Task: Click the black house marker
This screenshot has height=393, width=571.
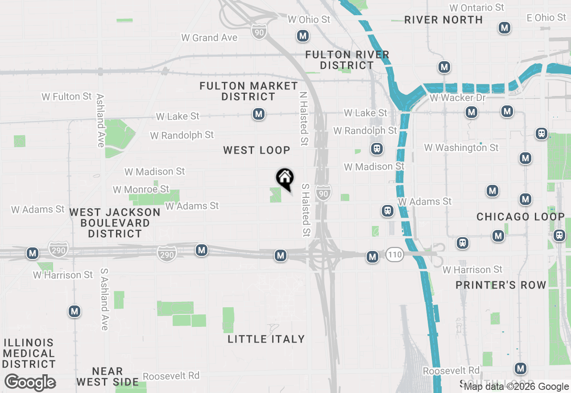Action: [x=285, y=178]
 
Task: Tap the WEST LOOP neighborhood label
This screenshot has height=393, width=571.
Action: [x=257, y=150]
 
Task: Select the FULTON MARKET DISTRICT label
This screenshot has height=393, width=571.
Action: [x=248, y=91]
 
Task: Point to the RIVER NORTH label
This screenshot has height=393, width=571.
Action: [x=443, y=20]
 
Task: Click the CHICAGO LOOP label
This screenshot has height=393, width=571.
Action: [x=521, y=217]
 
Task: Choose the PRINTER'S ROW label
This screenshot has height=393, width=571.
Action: [x=501, y=285]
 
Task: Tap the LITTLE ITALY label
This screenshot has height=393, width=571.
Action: [x=266, y=339]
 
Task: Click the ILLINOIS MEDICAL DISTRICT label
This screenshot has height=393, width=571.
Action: [x=29, y=354]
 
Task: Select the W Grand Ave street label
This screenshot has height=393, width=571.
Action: [x=209, y=38]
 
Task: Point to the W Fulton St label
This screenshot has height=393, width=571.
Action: [x=66, y=96]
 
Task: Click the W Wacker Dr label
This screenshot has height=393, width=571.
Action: [x=457, y=97]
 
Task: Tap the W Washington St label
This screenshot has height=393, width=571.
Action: [x=461, y=147]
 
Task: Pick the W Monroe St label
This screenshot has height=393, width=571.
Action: [x=141, y=189]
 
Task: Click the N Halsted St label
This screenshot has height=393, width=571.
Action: [x=304, y=119]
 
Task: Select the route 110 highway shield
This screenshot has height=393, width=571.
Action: [x=394, y=255]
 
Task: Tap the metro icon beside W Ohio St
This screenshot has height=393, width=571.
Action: [x=303, y=36]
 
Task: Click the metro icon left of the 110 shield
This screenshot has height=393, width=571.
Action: [x=372, y=256]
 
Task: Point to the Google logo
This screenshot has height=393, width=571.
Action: [x=30, y=383]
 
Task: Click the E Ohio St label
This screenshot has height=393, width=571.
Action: [x=546, y=17]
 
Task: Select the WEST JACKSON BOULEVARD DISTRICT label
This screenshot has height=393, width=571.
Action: [x=115, y=223]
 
